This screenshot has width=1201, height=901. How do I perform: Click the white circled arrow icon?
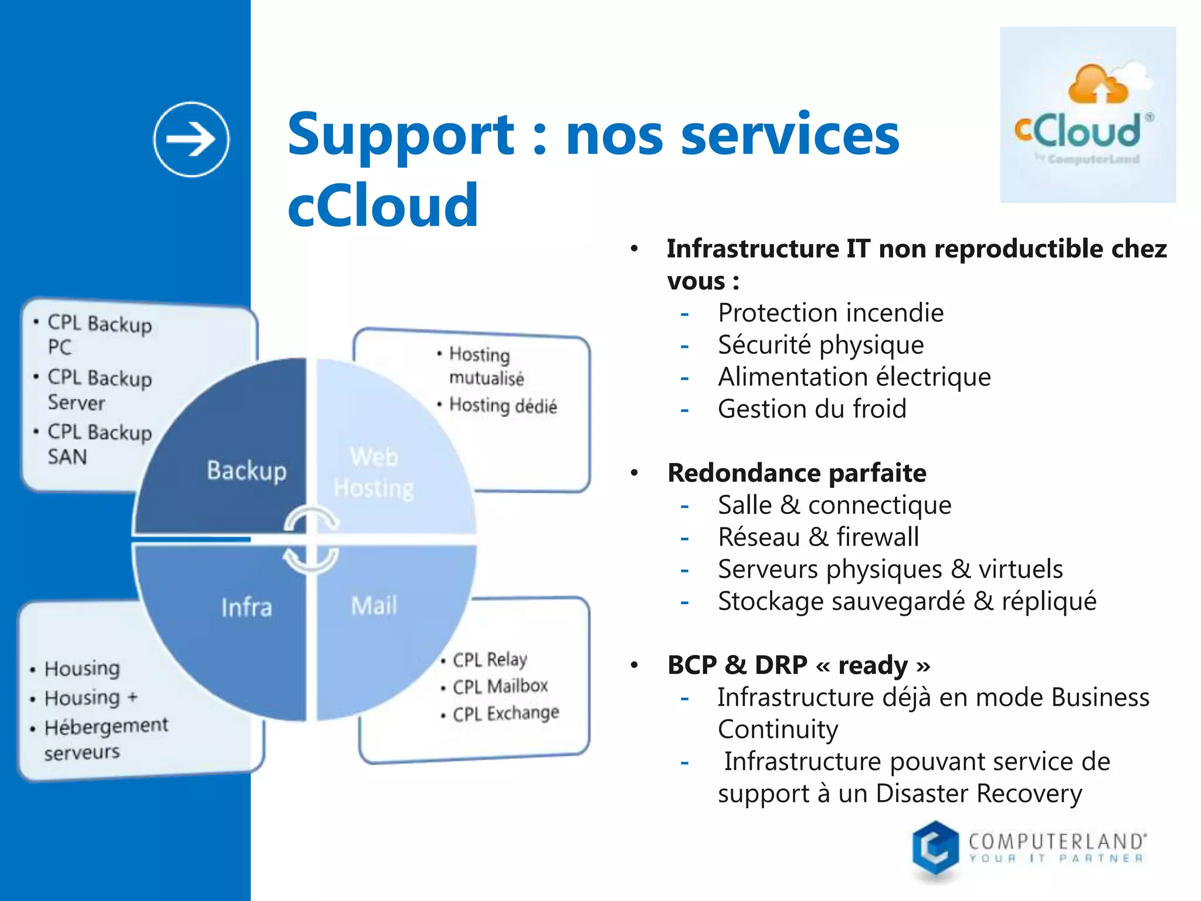pyautogui.click(x=191, y=140)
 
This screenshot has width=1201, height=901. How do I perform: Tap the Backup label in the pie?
pyautogui.click(x=246, y=471)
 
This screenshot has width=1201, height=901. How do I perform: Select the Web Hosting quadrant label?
pyautogui.click(x=374, y=473)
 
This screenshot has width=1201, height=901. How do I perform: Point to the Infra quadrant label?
pyautogui.click(x=246, y=608)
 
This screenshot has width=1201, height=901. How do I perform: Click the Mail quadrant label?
pyautogui.click(x=374, y=606)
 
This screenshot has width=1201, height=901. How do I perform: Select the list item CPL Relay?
pyautogui.click(x=490, y=659)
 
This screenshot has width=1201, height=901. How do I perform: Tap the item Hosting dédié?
pyautogui.click(x=503, y=405)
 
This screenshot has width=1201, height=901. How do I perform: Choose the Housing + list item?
pyautogui.click(x=91, y=697)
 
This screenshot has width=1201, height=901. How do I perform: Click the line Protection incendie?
pyautogui.click(x=830, y=313)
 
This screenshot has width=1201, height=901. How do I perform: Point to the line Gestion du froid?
pyautogui.click(x=812, y=409)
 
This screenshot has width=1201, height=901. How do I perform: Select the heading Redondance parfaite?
pyautogui.click(x=796, y=473)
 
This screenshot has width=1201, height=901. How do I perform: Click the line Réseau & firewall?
pyautogui.click(x=818, y=537)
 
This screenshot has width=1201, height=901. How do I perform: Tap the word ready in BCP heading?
pyautogui.click(x=873, y=665)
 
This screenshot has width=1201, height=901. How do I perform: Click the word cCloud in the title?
pyautogui.click(x=383, y=205)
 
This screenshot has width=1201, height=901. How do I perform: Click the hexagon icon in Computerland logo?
pyautogui.click(x=935, y=849)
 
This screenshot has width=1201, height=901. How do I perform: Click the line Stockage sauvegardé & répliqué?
pyautogui.click(x=907, y=601)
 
